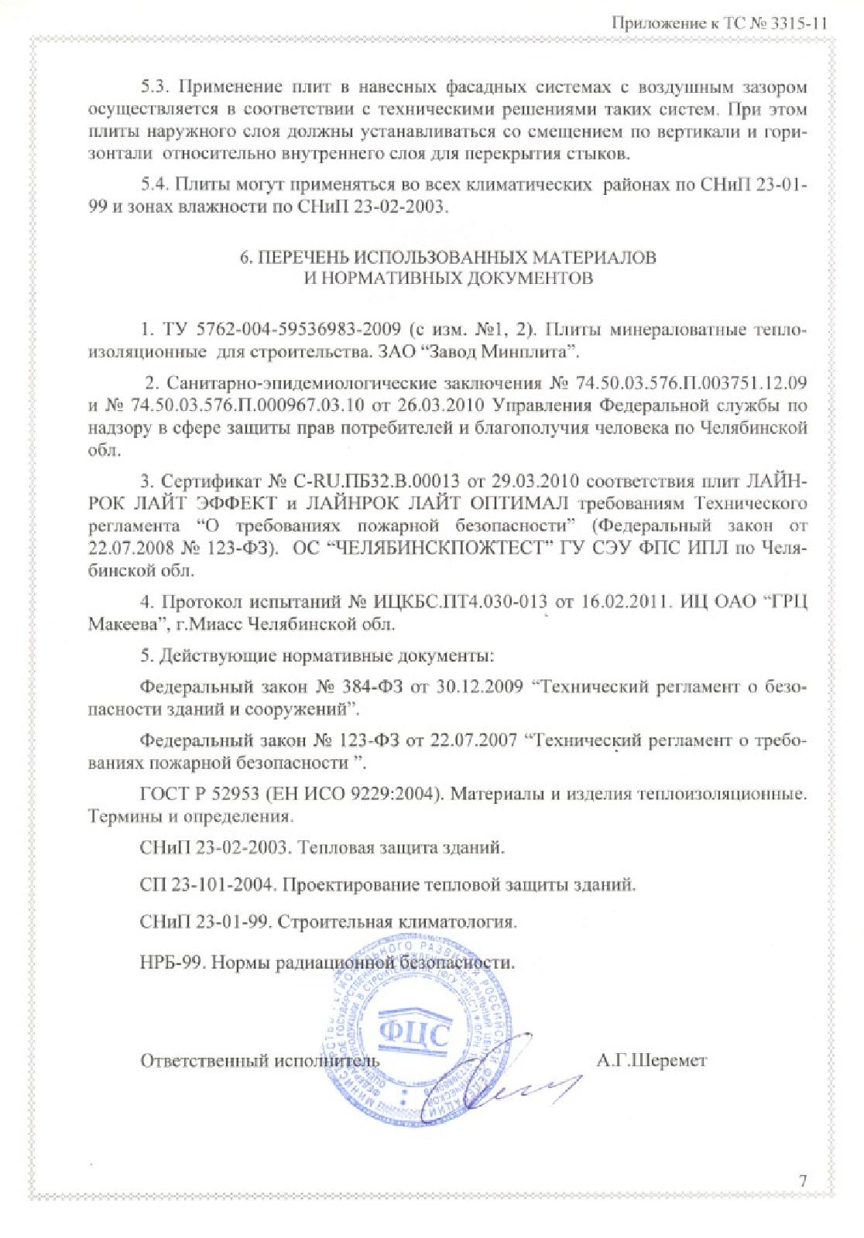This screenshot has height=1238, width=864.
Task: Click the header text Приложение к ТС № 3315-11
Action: point(721,23)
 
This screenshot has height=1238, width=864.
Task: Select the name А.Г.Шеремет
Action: point(651,1061)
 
